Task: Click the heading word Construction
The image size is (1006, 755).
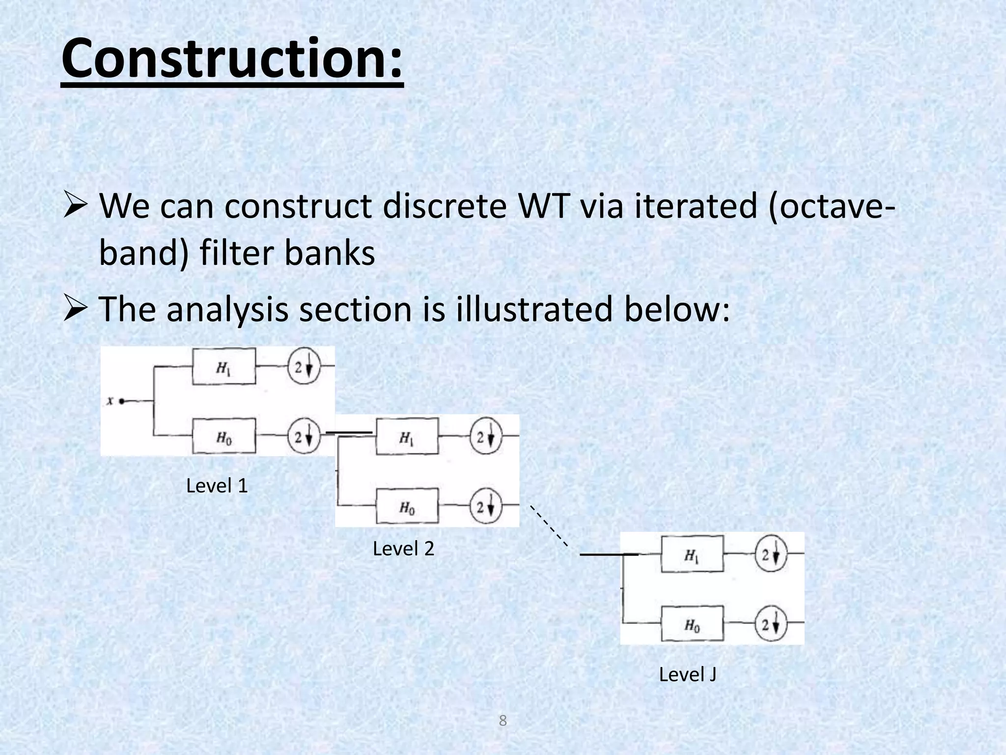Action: (232, 59)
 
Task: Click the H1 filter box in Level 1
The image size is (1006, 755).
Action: (224, 367)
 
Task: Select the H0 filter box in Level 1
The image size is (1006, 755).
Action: (224, 436)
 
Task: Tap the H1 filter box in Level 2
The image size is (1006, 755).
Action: (407, 436)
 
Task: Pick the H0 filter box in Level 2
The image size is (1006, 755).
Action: (407, 506)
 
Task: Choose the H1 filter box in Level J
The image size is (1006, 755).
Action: (692, 554)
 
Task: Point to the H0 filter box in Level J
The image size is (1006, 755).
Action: (692, 624)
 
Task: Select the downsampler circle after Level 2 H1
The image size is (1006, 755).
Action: (486, 436)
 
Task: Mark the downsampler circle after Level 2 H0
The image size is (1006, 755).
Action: (486, 506)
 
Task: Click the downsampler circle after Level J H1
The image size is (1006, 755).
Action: (771, 554)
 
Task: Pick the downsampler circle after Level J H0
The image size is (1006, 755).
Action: (771, 624)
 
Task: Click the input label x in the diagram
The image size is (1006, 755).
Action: (110, 401)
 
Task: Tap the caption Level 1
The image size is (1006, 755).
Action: (217, 486)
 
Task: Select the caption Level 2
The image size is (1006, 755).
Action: (403, 549)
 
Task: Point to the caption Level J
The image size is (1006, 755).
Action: (687, 674)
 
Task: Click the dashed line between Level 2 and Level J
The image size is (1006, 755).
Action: (549, 525)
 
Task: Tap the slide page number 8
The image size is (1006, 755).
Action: (503, 721)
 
